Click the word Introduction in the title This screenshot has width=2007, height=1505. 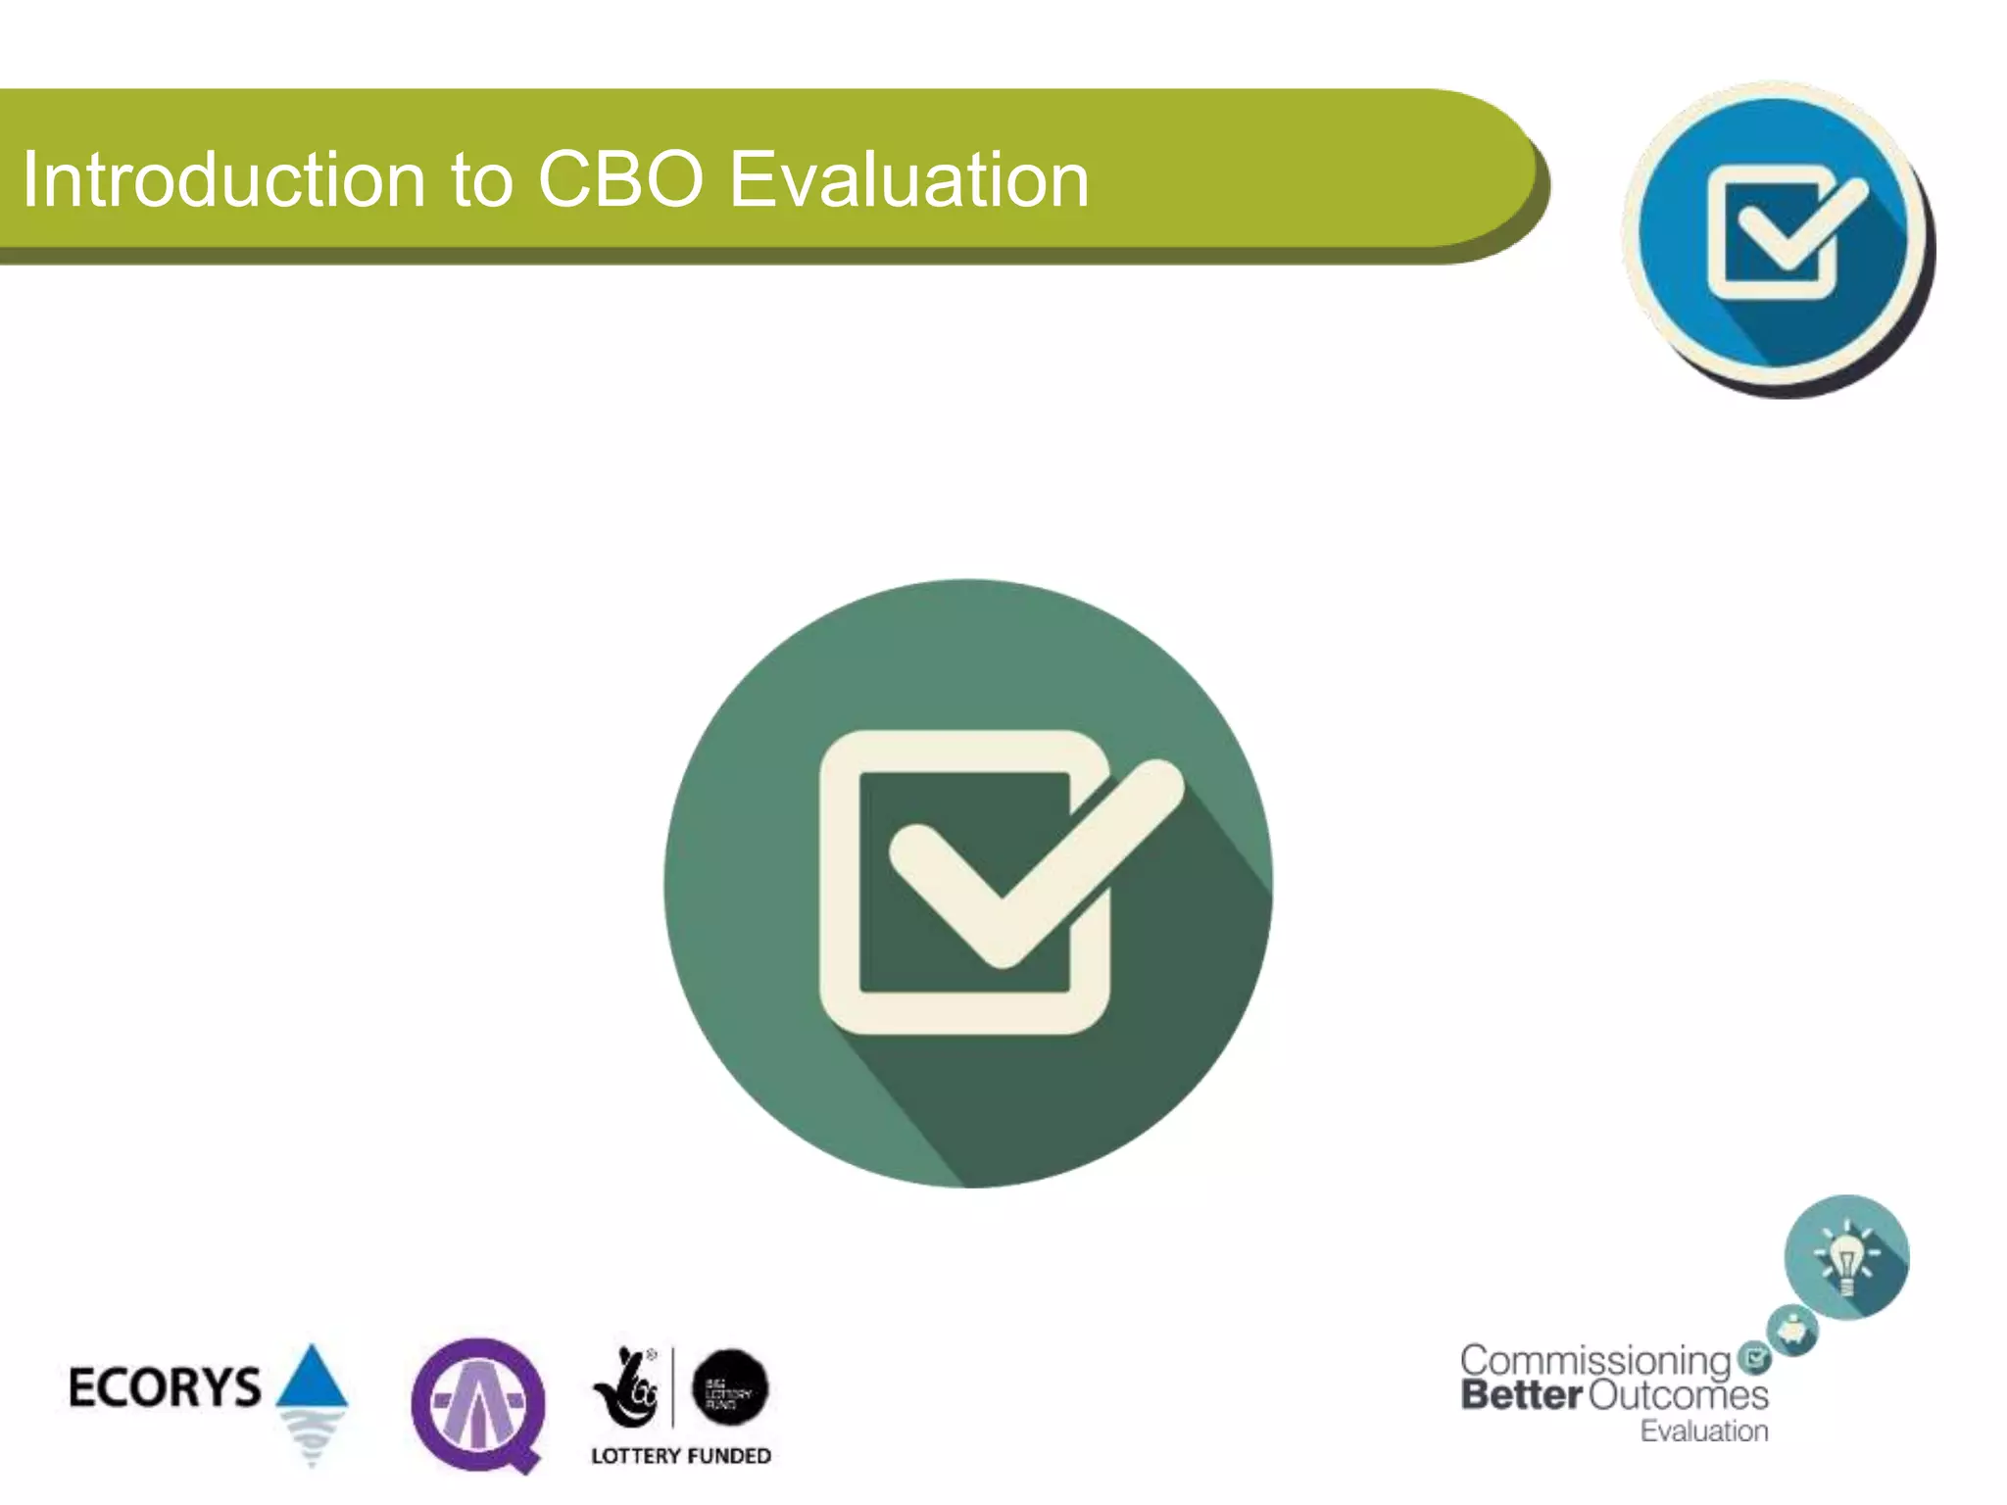click(x=223, y=180)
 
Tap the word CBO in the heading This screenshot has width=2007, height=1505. click(x=620, y=180)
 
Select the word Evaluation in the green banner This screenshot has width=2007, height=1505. click(x=908, y=180)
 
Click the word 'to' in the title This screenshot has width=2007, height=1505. click(x=481, y=182)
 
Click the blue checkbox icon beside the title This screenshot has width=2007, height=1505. click(x=1775, y=235)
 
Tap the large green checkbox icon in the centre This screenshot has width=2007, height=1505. click(x=968, y=883)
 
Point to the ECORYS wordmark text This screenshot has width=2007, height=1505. click(x=165, y=1387)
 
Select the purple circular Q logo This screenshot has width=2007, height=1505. click(x=478, y=1403)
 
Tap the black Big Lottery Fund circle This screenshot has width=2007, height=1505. click(x=730, y=1387)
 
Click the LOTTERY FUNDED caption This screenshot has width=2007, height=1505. click(x=681, y=1456)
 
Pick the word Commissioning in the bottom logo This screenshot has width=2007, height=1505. click(x=1595, y=1362)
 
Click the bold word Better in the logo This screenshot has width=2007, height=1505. click(x=1521, y=1395)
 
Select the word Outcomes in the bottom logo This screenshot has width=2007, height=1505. click(x=1679, y=1395)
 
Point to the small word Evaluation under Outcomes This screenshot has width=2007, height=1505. click(x=1704, y=1431)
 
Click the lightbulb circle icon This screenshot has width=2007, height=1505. click(x=1846, y=1257)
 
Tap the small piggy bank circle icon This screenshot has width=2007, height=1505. click(x=1792, y=1331)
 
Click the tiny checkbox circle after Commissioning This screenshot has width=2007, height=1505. click(x=1754, y=1358)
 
